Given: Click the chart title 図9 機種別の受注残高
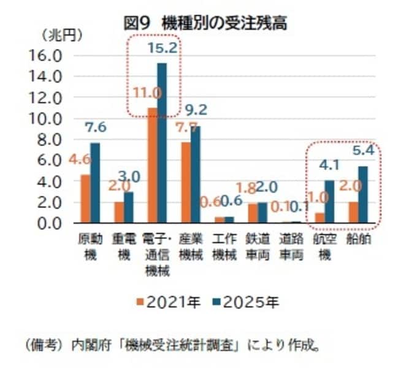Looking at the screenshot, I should (205, 24).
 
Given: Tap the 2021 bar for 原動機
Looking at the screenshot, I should (85, 199).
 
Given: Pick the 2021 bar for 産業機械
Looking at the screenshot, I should (185, 182).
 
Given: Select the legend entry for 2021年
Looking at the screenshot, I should (168, 302).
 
